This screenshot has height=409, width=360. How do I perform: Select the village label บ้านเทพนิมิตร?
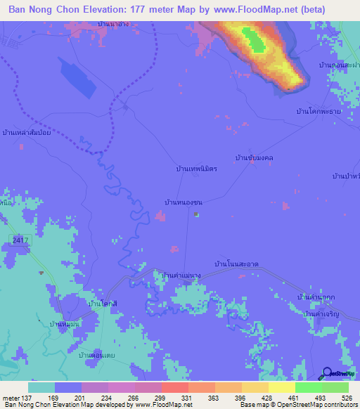point(196,169)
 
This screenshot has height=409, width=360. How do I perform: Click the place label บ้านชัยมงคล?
point(254,158)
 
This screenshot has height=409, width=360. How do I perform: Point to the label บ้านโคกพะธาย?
point(319,112)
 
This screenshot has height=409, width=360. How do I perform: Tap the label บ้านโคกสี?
point(103,303)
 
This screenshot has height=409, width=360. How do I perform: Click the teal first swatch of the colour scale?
point(41,387)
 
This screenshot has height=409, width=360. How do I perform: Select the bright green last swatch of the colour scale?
point(335,387)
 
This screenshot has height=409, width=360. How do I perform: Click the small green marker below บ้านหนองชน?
point(197,215)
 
